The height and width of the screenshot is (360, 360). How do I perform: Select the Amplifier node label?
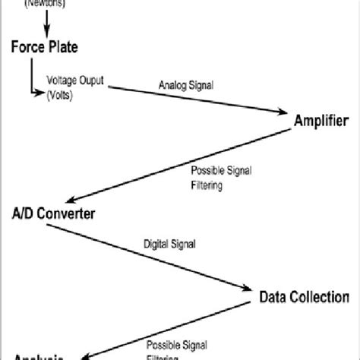pos(321,119)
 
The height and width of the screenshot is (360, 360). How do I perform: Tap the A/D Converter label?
pos(53,213)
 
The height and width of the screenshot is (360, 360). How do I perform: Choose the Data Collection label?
pos(305,296)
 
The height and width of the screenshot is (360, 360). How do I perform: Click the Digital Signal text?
pos(170,245)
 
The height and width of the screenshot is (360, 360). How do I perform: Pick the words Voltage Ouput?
pos(76,80)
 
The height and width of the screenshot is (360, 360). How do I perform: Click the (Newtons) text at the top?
pos(45,3)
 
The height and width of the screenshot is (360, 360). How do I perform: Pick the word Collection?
pos(319,296)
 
